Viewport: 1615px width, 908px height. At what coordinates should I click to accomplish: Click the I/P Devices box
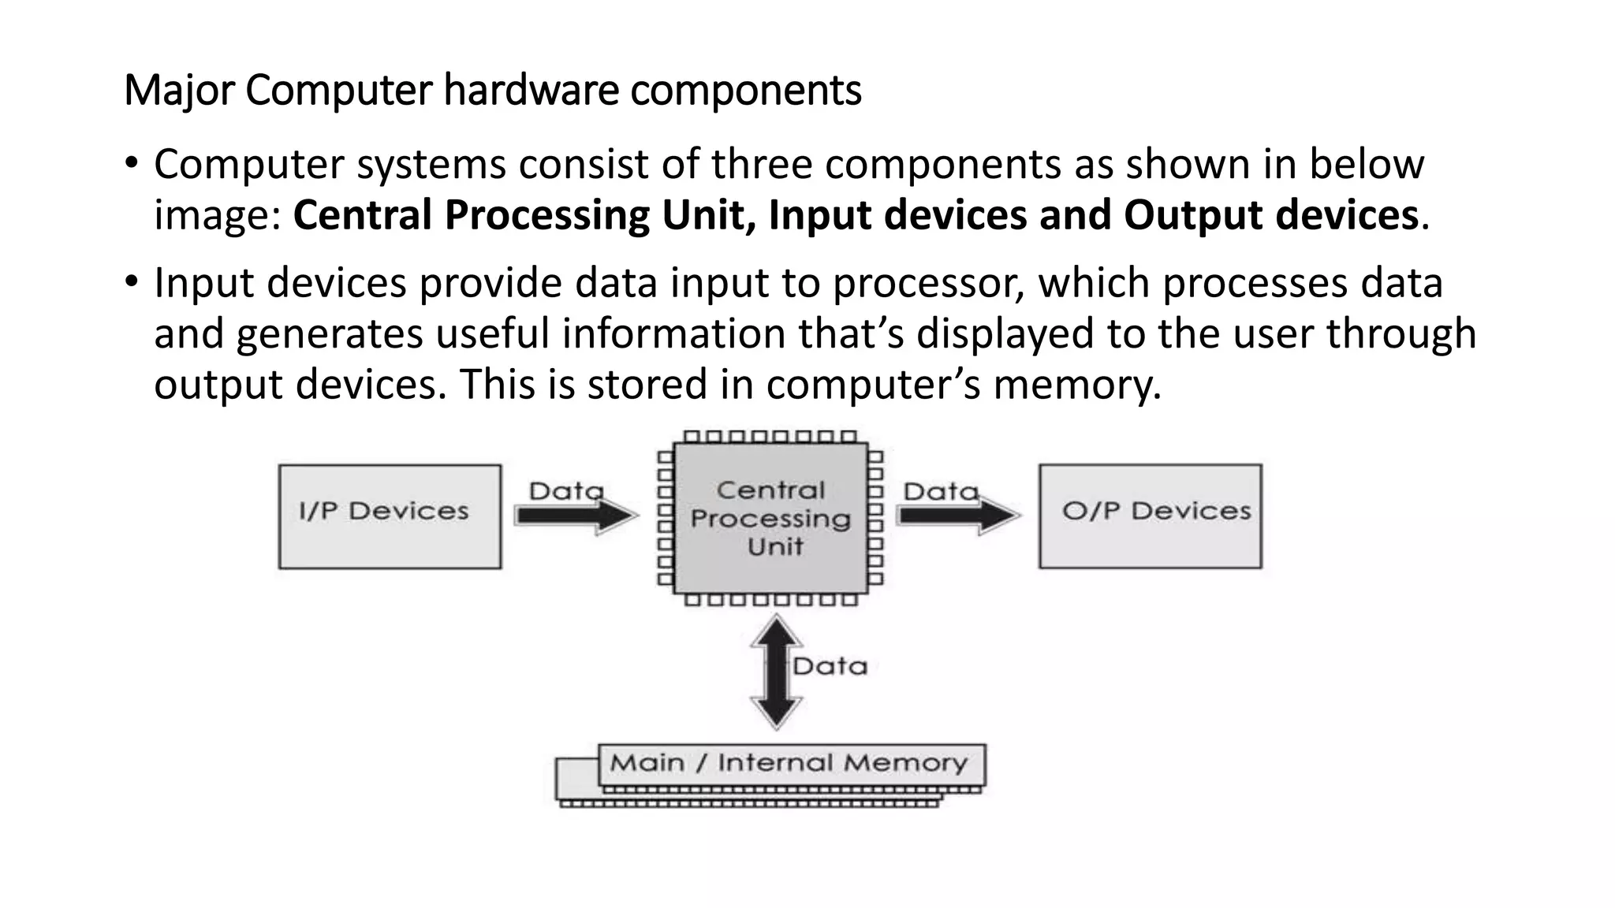click(390, 516)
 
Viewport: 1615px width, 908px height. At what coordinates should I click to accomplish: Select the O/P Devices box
click(1150, 516)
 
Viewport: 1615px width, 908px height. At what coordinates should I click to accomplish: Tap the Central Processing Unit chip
click(770, 518)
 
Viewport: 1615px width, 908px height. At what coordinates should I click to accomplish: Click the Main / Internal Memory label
click(789, 763)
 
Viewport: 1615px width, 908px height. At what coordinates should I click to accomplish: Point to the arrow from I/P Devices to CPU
click(576, 516)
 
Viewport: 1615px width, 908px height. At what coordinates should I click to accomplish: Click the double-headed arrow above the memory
click(777, 672)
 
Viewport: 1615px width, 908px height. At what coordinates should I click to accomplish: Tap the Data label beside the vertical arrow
click(830, 667)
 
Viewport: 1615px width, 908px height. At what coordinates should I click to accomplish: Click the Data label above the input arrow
click(565, 491)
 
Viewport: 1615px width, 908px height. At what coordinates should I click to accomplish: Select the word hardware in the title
click(531, 91)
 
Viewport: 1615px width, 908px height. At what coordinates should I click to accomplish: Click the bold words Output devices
click(1270, 215)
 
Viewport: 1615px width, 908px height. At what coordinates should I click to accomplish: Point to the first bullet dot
click(131, 164)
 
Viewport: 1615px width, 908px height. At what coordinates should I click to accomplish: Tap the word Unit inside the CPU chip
click(775, 546)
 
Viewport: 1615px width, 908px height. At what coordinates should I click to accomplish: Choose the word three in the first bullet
click(761, 164)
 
